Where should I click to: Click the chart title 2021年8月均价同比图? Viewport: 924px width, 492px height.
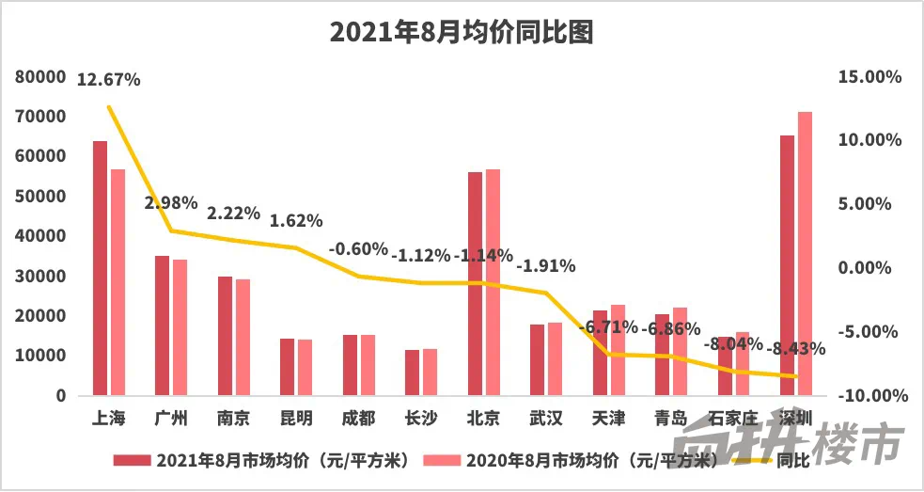(462, 34)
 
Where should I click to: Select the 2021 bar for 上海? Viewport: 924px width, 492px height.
(100, 268)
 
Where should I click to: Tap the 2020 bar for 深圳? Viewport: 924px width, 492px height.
(805, 254)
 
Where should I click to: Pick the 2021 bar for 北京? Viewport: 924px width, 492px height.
(475, 283)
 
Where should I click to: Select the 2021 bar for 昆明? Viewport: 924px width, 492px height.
(288, 367)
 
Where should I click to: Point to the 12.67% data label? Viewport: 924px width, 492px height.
(109, 80)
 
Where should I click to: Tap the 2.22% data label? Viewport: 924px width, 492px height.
(233, 214)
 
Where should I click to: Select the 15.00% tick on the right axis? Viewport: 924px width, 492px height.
(869, 76)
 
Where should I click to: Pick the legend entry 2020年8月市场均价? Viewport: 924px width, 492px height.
(571, 461)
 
